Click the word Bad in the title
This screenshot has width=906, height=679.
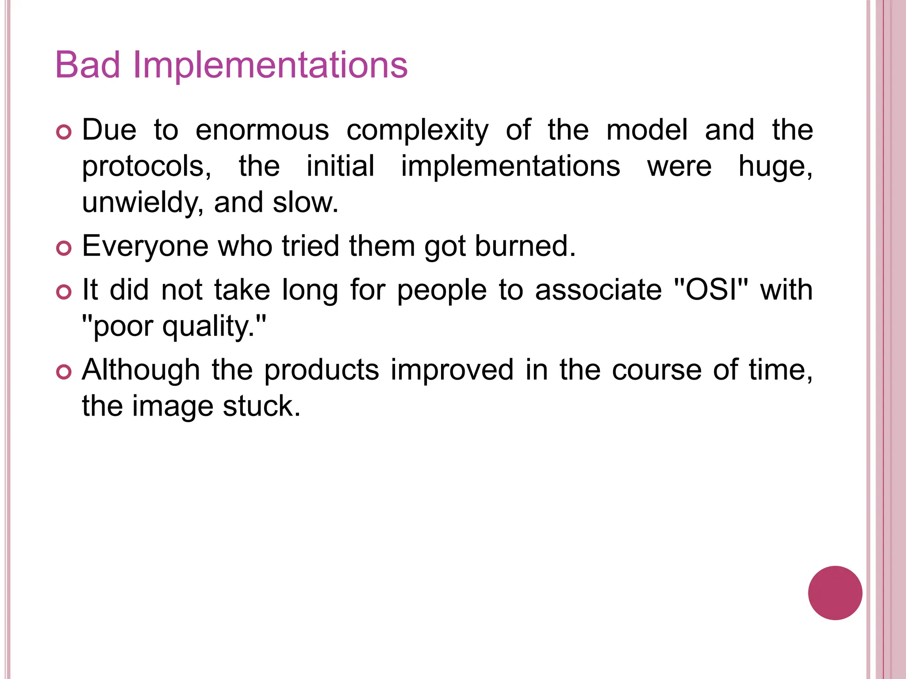(88, 65)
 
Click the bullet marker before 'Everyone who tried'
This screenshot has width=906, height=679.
(64, 248)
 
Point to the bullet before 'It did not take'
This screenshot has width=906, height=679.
(64, 292)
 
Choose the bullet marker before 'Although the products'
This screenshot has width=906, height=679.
(64, 372)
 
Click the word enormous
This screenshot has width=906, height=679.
(262, 130)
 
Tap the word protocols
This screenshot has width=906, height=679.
(146, 167)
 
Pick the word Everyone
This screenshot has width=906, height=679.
(145, 247)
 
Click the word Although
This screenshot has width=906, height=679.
(141, 370)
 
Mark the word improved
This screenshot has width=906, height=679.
(452, 370)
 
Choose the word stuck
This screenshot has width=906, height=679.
(261, 406)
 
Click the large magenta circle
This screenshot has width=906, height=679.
(835, 593)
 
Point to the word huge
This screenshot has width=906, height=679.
(775, 167)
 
